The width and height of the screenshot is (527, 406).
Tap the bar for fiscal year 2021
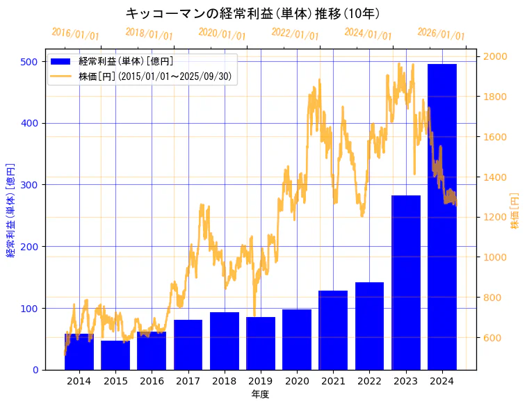click(333, 330)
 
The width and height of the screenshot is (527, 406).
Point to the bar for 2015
click(115, 355)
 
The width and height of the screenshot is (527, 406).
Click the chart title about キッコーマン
click(252, 13)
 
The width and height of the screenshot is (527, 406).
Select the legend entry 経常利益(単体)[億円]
click(126, 62)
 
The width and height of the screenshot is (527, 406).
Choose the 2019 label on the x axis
click(261, 381)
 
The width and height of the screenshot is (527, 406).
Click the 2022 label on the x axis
click(369, 381)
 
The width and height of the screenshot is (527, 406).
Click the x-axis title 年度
click(260, 394)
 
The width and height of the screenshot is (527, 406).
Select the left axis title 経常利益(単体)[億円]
click(10, 210)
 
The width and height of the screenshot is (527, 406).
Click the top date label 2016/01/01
click(75, 33)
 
